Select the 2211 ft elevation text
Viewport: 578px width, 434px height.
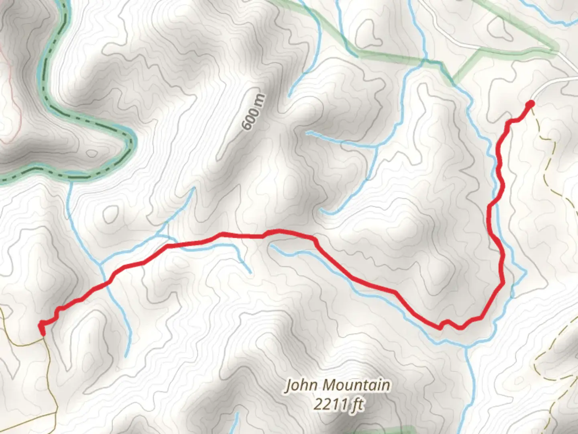click(338, 404)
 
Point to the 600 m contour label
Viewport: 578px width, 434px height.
click(254, 112)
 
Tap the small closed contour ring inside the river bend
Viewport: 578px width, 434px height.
click(92, 154)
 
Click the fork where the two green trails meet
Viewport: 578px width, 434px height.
click(478, 51)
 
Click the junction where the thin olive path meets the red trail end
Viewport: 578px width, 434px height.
click(42, 337)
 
